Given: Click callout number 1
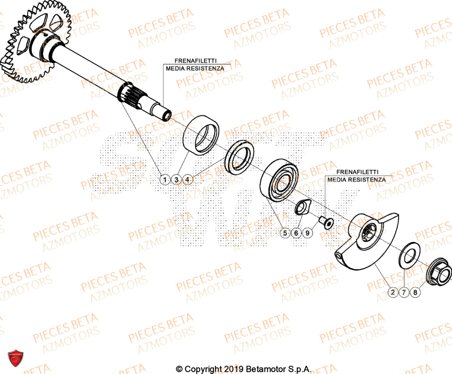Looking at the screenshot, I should point(165,180).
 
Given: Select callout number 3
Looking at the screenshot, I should point(177,180).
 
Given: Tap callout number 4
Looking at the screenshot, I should point(188,180).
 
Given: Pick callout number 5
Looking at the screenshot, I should point(285,233).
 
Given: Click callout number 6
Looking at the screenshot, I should point(296,233).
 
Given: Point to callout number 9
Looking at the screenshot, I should point(307,233).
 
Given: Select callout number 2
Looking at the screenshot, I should point(393,293).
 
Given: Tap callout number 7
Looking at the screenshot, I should point(405,293).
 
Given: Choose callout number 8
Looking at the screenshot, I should point(416,293).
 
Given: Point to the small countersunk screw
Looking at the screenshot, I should point(325,222).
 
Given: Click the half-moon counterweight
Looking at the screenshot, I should point(366,239).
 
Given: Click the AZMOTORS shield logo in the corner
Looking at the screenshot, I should point(15,360).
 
